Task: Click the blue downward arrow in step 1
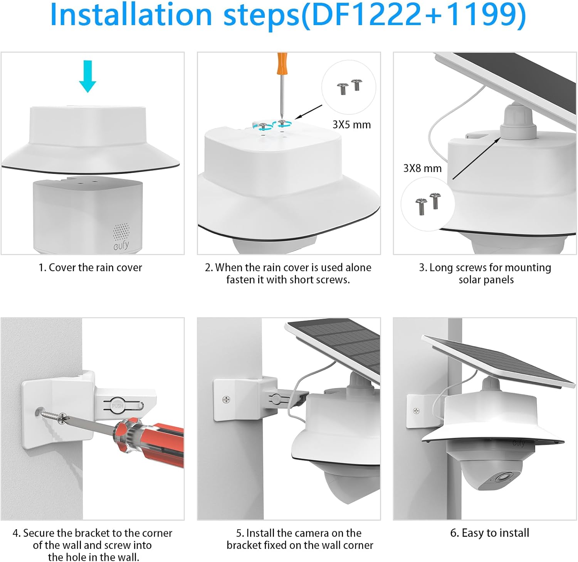(x=87, y=76)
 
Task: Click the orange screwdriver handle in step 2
(x=282, y=63)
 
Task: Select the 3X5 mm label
(x=351, y=125)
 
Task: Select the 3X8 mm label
(x=422, y=168)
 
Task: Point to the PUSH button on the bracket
(x=118, y=406)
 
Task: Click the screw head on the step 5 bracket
(x=227, y=400)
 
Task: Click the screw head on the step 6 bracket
(x=416, y=411)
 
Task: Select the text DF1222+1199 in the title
(x=414, y=15)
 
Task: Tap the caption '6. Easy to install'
(x=489, y=533)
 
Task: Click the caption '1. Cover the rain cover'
(x=90, y=267)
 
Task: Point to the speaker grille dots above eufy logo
(x=121, y=231)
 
